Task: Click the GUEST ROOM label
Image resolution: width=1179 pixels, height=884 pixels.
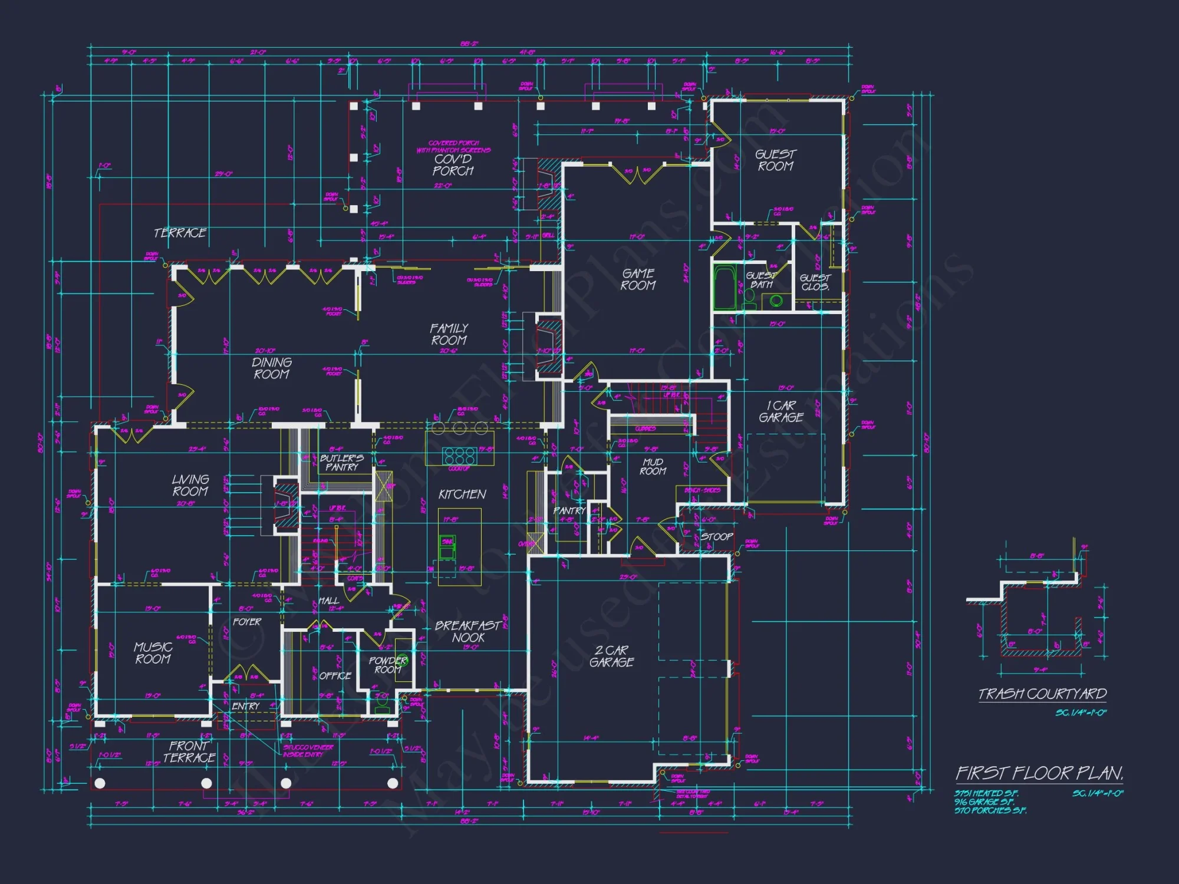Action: [775, 160]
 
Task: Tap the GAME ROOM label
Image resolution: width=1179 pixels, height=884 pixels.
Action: [638, 279]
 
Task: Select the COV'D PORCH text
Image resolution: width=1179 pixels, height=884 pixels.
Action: [453, 165]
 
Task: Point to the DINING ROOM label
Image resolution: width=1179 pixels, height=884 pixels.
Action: [271, 368]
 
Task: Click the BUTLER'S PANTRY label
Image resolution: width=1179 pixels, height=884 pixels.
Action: [341, 463]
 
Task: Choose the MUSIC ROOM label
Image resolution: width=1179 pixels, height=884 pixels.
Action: [153, 653]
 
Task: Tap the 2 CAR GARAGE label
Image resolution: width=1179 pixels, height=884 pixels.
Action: [611, 656]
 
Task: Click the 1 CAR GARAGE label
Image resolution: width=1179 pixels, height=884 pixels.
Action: [781, 411]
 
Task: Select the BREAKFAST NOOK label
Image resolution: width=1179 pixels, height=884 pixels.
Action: [468, 631]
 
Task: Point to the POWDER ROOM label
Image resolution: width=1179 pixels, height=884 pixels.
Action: [387, 665]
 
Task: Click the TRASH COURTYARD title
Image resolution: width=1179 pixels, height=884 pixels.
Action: [1042, 694]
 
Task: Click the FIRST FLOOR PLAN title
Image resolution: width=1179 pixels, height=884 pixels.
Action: [1039, 773]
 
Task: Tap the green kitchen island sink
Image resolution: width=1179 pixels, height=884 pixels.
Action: [447, 547]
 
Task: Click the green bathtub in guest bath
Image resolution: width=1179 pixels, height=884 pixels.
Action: [724, 287]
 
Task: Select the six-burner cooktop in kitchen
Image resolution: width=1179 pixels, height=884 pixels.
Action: [459, 456]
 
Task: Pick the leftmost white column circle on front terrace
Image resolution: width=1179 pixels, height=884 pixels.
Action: [100, 783]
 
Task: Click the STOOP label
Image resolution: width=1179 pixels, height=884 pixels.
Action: [716, 537]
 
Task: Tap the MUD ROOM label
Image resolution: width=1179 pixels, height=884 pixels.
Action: [653, 467]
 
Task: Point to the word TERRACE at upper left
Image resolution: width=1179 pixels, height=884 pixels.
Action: [180, 233]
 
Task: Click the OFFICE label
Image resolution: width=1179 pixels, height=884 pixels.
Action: [335, 676]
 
